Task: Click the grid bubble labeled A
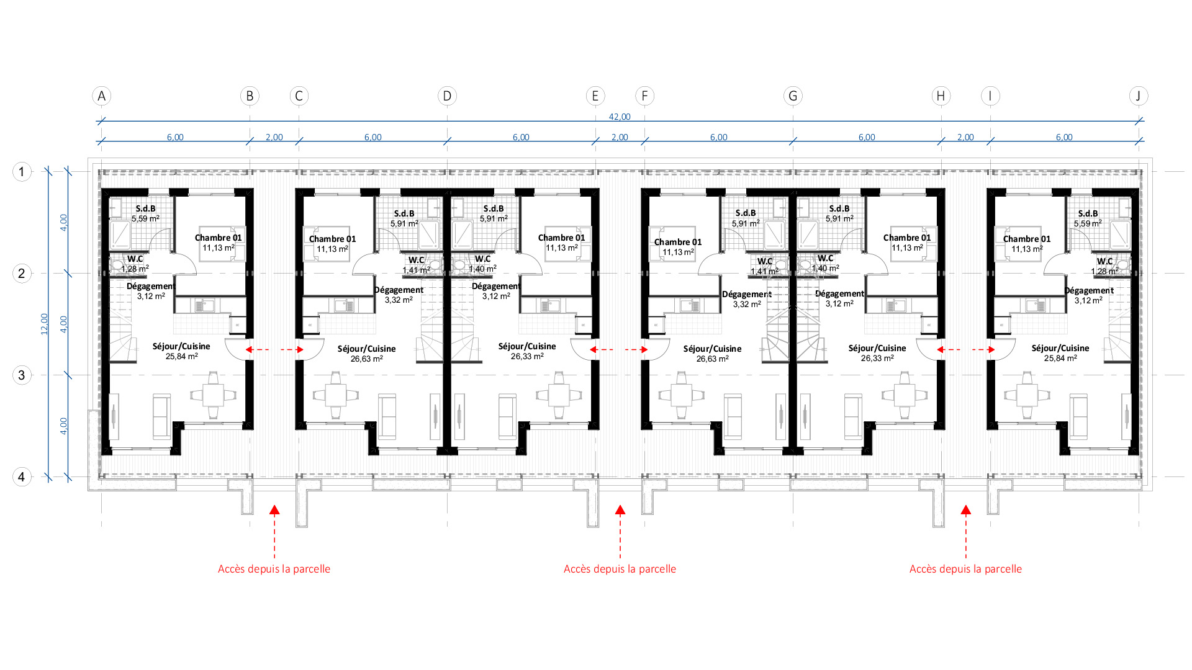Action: coord(102,96)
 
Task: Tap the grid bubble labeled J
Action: coord(1139,96)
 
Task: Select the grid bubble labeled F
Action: coord(644,96)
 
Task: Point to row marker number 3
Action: coord(22,375)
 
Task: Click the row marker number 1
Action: coord(22,172)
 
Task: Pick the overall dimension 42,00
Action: coord(620,117)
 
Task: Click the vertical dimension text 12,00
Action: coord(44,324)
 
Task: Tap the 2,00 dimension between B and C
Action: coord(274,137)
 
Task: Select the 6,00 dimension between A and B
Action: coord(175,137)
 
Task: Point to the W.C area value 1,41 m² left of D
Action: coord(416,270)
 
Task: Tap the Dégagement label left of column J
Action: coord(1089,290)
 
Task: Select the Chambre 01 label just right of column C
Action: coord(332,239)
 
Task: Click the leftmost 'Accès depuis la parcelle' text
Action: coord(274,569)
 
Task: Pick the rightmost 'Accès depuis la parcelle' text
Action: coord(965,569)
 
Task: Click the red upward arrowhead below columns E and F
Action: coord(620,510)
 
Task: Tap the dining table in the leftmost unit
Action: coord(213,395)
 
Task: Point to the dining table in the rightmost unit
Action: coord(1027,395)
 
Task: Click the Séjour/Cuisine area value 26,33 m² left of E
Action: coord(527,356)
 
